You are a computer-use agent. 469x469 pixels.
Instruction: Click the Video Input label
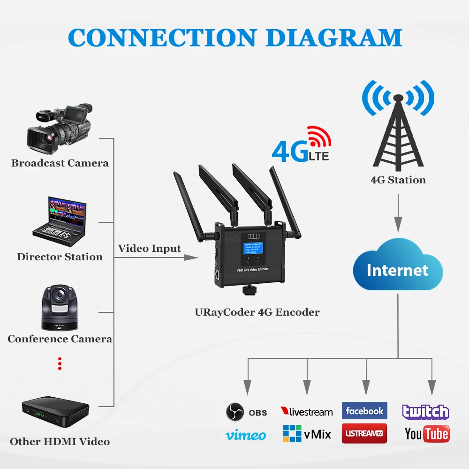(149, 248)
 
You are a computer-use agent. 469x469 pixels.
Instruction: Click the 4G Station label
(398, 180)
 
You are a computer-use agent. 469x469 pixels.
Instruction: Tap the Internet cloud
(398, 270)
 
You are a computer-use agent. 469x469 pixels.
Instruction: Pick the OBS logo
(246, 412)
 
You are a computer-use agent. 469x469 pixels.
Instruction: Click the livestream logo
(306, 412)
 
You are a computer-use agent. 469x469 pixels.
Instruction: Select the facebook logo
(364, 411)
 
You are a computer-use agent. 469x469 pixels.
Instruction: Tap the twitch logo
(425, 412)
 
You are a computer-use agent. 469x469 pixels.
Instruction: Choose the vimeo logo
(246, 435)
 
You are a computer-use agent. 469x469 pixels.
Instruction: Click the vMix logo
(307, 434)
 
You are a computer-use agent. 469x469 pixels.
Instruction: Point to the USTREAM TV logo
(364, 433)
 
